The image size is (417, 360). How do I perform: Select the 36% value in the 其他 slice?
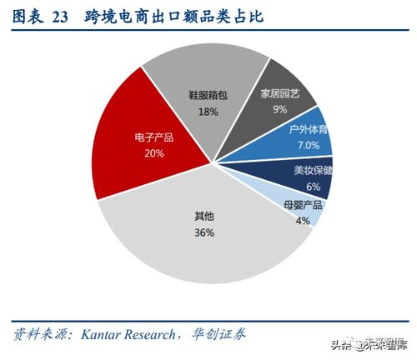[205, 232]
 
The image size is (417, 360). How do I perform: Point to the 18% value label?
[208, 111]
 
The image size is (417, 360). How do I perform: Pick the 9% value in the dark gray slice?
[279, 108]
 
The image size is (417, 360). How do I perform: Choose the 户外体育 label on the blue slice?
[309, 130]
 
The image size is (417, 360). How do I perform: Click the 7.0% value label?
[309, 145]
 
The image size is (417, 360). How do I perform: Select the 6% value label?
[313, 186]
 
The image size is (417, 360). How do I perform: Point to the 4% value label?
[302, 221]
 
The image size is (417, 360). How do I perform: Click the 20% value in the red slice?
[154, 152]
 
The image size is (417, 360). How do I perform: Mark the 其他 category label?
[204, 217]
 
